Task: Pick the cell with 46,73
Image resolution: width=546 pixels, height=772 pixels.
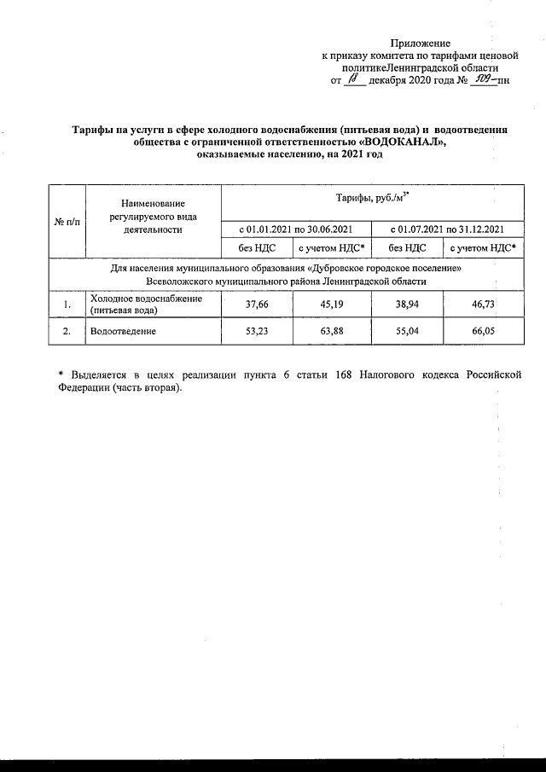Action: coord(484,304)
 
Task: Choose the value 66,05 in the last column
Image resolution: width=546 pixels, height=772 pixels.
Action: coord(484,330)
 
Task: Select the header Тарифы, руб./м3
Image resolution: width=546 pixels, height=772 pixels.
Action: coord(370,199)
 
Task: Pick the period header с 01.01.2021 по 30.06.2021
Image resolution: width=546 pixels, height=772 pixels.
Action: coord(295,229)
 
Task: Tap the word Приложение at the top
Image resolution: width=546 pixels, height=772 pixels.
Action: coord(421,43)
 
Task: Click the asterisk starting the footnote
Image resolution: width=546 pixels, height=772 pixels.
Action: coord(61,374)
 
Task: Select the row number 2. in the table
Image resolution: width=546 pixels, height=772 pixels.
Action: coord(67,330)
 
